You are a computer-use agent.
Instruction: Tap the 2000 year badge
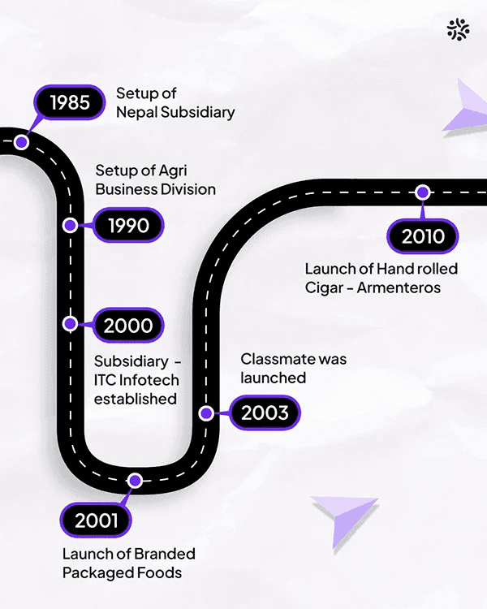[x=128, y=326]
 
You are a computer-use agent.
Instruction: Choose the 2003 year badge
[x=265, y=412]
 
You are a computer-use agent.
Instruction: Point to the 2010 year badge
[x=423, y=235]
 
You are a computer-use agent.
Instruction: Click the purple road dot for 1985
[x=22, y=142]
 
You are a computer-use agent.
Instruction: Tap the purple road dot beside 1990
[x=71, y=225]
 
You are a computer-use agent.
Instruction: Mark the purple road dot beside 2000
[x=71, y=323]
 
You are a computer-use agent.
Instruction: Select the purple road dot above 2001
[x=136, y=481]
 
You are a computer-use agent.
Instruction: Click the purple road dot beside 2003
[x=206, y=412]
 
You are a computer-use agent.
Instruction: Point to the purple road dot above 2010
[x=422, y=192]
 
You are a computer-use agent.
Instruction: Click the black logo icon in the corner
[x=458, y=30]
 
